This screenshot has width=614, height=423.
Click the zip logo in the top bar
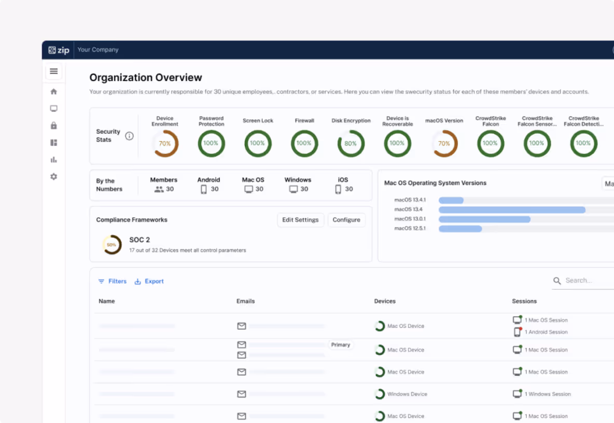click(x=59, y=50)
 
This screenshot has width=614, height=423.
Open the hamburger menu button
click(x=53, y=72)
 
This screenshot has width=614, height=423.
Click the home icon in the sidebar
click(x=53, y=92)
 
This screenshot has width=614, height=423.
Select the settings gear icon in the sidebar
click(x=53, y=177)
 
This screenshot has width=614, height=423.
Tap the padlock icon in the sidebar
click(x=53, y=125)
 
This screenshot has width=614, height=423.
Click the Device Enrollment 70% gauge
click(x=165, y=144)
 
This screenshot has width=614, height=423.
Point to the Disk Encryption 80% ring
click(x=351, y=144)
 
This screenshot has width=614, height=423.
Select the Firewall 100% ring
click(x=304, y=144)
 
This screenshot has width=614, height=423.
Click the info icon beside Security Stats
click(x=129, y=136)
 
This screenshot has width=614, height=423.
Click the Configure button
click(x=346, y=220)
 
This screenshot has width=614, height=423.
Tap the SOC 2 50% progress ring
click(x=111, y=245)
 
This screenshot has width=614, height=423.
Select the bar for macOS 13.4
click(x=512, y=210)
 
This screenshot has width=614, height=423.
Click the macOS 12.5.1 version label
click(x=410, y=229)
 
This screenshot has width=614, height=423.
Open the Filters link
click(x=113, y=281)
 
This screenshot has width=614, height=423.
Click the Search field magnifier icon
click(x=557, y=281)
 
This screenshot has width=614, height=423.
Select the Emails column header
click(x=245, y=301)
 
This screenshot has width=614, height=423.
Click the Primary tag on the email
click(x=341, y=345)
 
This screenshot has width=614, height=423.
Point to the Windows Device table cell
click(x=407, y=394)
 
